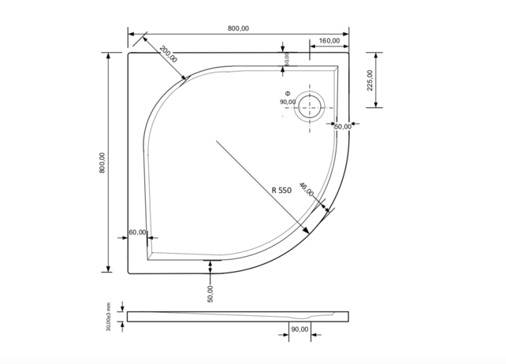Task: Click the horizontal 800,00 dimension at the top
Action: click(238, 28)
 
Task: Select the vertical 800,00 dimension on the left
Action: click(102, 163)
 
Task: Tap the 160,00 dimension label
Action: click(329, 40)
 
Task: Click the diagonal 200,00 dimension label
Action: click(168, 54)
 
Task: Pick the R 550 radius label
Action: click(282, 190)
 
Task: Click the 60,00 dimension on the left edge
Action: click(138, 232)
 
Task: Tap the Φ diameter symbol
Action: click(288, 92)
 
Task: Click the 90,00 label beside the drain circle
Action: click(287, 102)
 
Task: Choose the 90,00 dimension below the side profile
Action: click(299, 329)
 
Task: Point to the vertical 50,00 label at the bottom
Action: click(210, 294)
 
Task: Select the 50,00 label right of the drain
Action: click(342, 126)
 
